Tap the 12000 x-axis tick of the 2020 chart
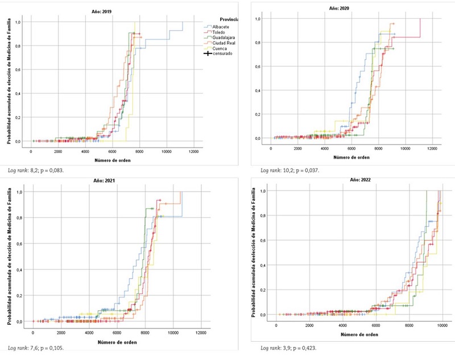pyautogui.click(x=432, y=148)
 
